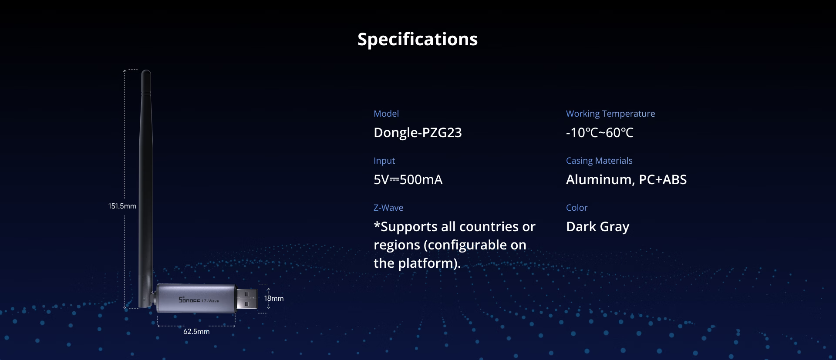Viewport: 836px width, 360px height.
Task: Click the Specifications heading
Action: coord(418,40)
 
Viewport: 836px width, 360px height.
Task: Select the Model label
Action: coord(386,114)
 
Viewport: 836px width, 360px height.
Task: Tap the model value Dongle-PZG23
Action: coord(418,132)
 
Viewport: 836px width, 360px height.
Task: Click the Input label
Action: coord(384,161)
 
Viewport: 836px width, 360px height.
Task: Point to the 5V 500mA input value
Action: coord(408,179)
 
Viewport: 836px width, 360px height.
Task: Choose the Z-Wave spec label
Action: coord(388,208)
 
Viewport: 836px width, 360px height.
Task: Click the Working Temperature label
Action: coord(610,114)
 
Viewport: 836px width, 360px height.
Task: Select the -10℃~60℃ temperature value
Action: coord(600,132)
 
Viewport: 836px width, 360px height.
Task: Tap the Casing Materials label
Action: coord(599,161)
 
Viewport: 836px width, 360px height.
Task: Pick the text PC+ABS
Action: coord(663,179)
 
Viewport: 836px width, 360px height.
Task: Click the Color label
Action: coord(576,208)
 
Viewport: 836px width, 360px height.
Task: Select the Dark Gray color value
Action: coord(598,227)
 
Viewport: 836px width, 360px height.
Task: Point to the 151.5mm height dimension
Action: coord(122,206)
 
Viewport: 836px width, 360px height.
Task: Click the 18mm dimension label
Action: coord(274,298)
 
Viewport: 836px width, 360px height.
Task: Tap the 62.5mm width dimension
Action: coord(196,331)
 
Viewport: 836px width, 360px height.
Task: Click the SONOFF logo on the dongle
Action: coord(189,299)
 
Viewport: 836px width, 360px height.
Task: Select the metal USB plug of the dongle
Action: coord(246,299)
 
